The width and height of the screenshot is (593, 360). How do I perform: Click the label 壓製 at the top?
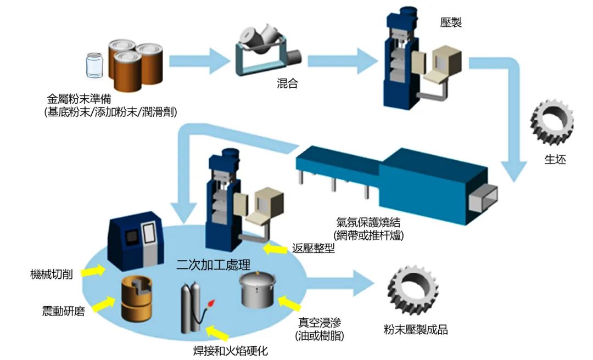(x=451, y=22)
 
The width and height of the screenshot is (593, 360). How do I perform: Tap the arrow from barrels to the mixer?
(x=197, y=59)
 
